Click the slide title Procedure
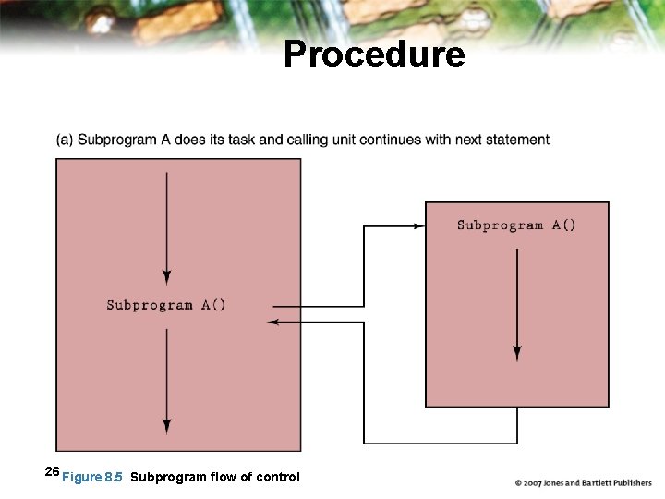tap(374, 55)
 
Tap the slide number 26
tap(52, 472)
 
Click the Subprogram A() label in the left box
tap(166, 305)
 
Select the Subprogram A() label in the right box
tap(516, 225)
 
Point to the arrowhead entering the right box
tap(419, 225)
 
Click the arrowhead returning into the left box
tap(272, 322)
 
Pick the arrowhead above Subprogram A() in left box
tap(166, 276)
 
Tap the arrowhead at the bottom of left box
tap(166, 426)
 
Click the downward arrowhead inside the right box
tap(517, 353)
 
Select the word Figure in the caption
tap(81, 477)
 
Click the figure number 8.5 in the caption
tap(114, 477)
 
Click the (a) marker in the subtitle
tap(65, 140)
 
